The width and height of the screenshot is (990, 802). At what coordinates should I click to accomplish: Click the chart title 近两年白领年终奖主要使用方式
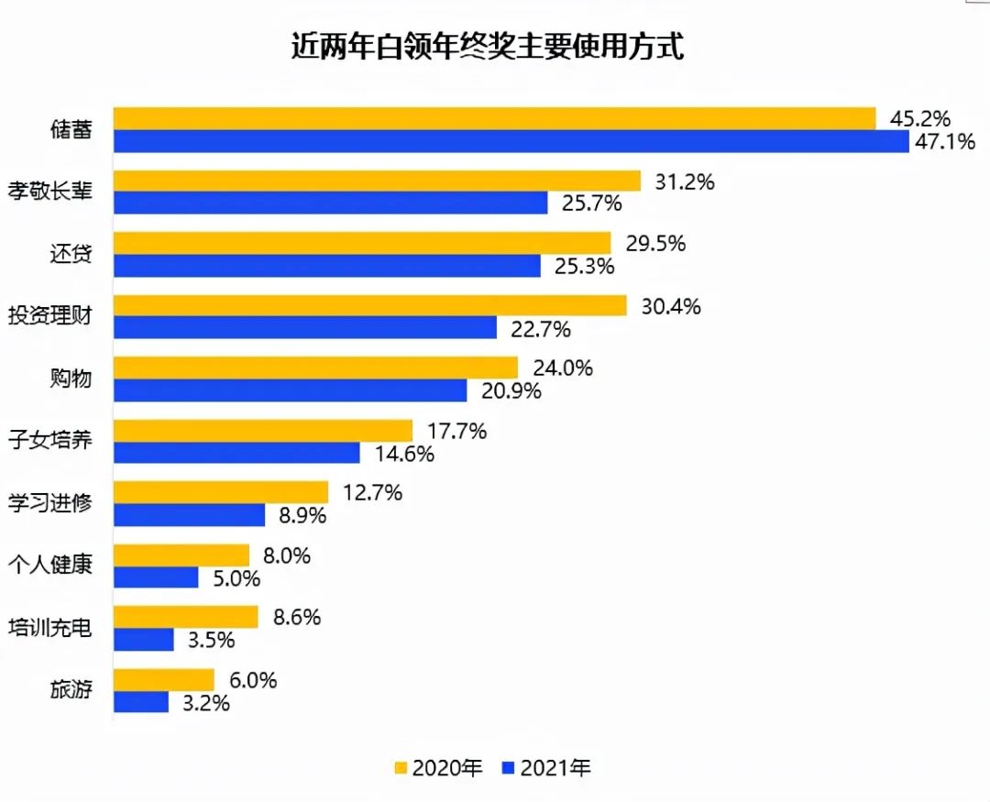point(487,47)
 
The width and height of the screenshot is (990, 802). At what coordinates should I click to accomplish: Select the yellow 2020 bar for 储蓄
point(495,118)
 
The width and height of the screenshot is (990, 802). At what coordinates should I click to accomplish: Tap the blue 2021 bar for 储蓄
point(511,141)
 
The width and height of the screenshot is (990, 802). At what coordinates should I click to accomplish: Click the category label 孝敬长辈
point(50,192)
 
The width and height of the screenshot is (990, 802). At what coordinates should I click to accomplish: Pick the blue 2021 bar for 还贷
point(327,266)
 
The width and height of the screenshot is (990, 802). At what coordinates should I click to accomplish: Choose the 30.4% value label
point(671,306)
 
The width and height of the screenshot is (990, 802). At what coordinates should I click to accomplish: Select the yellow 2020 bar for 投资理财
point(370,305)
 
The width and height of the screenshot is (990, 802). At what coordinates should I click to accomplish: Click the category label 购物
point(71,378)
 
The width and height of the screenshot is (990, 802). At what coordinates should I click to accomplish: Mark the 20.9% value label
point(511,391)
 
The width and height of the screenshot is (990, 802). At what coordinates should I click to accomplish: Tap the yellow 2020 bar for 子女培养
point(263,431)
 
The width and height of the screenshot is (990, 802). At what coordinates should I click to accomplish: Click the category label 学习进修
point(50,502)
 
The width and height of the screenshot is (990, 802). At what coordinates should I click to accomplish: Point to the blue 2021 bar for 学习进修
point(190,515)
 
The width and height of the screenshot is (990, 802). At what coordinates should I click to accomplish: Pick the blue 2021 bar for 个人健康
point(156,577)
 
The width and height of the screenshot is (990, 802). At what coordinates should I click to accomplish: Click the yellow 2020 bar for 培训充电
point(186,617)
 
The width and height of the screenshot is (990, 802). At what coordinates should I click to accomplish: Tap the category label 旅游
point(71,689)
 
